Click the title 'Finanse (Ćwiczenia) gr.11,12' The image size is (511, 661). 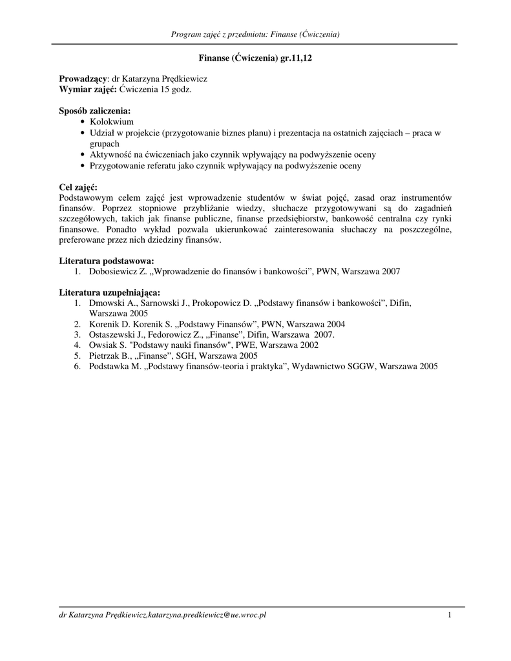point(255,58)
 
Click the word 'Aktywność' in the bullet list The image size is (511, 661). point(110,155)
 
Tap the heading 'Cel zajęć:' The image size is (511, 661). point(78,187)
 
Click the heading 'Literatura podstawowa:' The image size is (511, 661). point(106,261)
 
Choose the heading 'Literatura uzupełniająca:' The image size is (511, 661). point(109,292)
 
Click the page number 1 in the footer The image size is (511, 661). point(449,615)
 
